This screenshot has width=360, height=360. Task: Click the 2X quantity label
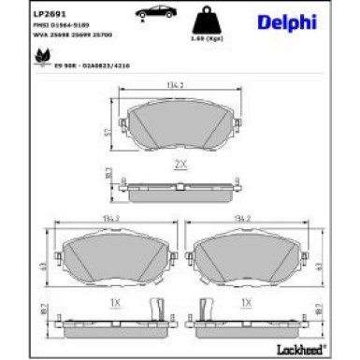(x=180, y=163)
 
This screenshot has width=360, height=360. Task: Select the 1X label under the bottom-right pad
(x=247, y=304)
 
